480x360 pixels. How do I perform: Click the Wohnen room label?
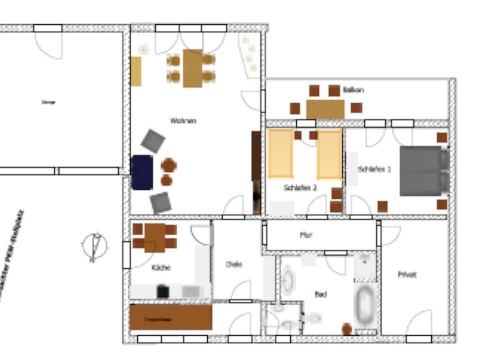click(183, 121)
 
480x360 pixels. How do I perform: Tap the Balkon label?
click(353, 90)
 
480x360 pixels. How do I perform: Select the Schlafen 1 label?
click(374, 169)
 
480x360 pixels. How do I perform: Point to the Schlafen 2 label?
click(300, 188)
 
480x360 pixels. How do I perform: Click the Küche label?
click(161, 268)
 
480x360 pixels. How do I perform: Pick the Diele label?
click(234, 264)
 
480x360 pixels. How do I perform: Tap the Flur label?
click(306, 235)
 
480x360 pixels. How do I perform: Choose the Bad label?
click(321, 294)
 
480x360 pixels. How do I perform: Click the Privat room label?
click(407, 275)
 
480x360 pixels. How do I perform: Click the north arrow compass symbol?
click(95, 246)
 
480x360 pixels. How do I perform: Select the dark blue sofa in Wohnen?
click(142, 172)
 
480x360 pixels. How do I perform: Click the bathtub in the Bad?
click(365, 306)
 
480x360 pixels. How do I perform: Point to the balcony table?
click(325, 109)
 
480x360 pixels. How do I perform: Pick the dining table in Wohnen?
click(192, 68)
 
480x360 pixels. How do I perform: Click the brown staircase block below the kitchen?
click(171, 317)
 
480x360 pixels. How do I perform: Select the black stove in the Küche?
click(163, 292)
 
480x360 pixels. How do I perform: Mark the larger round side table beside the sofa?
click(169, 165)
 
